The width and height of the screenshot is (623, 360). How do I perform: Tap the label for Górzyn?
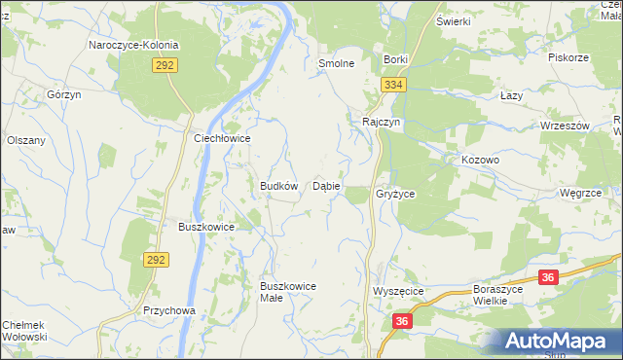pyautogui.click(x=62, y=94)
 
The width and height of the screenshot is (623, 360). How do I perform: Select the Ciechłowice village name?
pyautogui.click(x=223, y=139)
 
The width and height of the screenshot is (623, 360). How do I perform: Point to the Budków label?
pyautogui.click(x=277, y=186)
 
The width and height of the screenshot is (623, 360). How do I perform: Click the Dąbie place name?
pyautogui.click(x=326, y=186)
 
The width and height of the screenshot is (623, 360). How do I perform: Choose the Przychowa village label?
pyautogui.click(x=169, y=311)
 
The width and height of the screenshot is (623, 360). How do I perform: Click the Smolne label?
pyautogui.click(x=335, y=63)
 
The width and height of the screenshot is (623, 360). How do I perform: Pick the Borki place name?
pyautogui.click(x=395, y=59)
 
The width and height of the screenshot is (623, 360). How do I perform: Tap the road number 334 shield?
pyautogui.click(x=392, y=86)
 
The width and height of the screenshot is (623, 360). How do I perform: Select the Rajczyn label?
pyautogui.click(x=381, y=123)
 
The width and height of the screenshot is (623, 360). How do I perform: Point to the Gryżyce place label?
pyautogui.click(x=395, y=195)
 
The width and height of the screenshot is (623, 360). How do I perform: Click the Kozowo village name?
pyautogui.click(x=481, y=160)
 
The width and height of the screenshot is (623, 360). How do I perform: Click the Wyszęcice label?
pyautogui.click(x=396, y=292)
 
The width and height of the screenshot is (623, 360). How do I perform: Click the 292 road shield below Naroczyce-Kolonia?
pyautogui.click(x=164, y=65)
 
